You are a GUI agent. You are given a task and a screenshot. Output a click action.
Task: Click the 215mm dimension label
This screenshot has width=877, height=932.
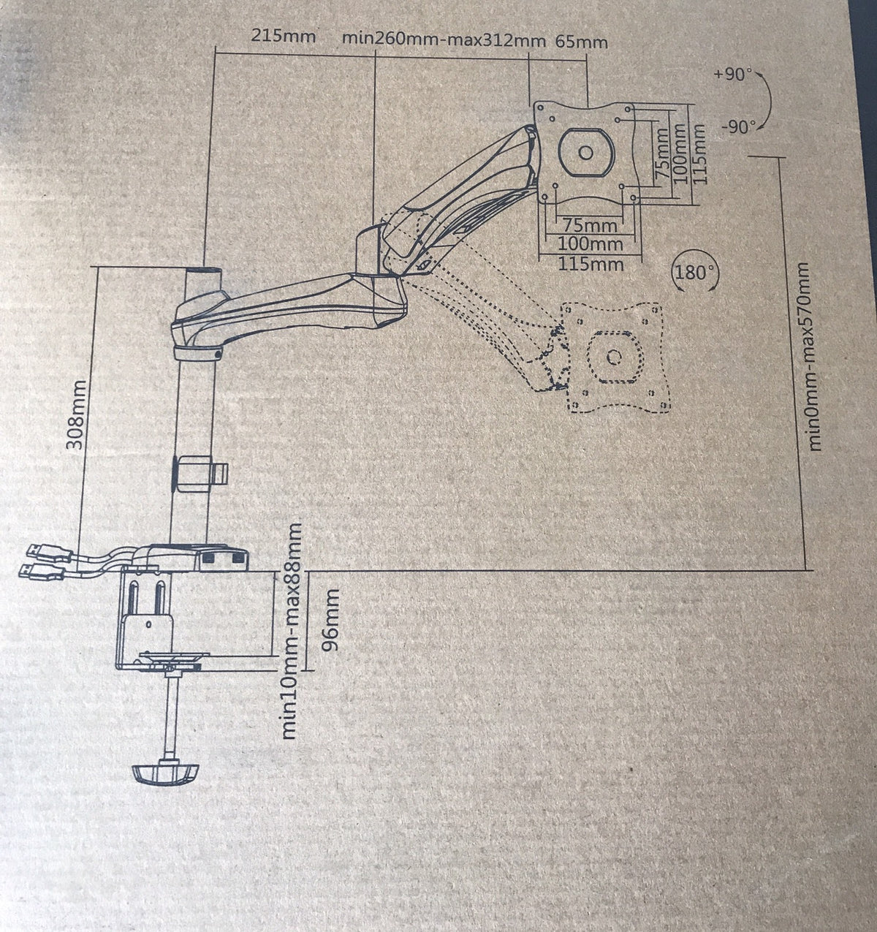point(283,36)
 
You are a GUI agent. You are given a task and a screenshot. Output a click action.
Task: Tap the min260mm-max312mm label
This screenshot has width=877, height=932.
point(444,40)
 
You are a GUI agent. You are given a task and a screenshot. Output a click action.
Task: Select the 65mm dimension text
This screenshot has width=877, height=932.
point(582,42)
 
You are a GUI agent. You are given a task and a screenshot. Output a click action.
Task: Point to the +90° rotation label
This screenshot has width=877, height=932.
point(732,74)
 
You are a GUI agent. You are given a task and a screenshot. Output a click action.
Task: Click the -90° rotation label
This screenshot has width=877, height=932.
point(739,127)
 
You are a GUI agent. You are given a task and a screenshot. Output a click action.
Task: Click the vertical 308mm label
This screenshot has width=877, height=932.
point(76,414)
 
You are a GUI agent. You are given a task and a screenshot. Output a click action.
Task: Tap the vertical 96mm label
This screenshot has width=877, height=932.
point(331,620)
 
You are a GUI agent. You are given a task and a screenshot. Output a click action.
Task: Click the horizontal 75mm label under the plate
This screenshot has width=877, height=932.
point(590,225)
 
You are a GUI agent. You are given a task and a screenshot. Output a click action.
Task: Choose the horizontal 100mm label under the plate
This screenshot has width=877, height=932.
point(590,244)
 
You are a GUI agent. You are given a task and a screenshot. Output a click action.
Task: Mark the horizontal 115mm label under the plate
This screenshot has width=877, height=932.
point(591,264)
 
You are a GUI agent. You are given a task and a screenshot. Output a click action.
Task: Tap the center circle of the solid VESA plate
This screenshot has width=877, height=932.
point(585,152)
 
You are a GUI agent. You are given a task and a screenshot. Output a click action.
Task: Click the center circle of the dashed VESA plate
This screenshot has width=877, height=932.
point(614,357)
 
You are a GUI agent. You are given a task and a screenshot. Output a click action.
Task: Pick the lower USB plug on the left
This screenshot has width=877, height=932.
point(42,571)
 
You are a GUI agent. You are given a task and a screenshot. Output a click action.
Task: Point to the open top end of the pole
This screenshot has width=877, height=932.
point(205,270)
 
